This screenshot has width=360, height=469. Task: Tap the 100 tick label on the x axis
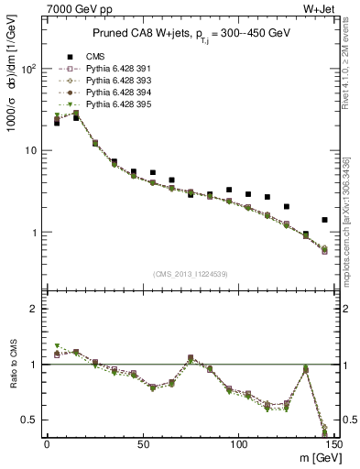pyautogui.click(x=238, y=444)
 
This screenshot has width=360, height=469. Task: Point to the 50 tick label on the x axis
pyautogui.click(x=142, y=444)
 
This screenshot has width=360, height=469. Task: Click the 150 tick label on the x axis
pyautogui.click(x=333, y=444)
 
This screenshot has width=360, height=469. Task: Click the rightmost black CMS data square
pyautogui.click(x=324, y=220)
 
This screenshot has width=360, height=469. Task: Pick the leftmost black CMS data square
pyautogui.click(x=57, y=122)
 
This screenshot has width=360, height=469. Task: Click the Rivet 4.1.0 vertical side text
pyautogui.click(x=353, y=73)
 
